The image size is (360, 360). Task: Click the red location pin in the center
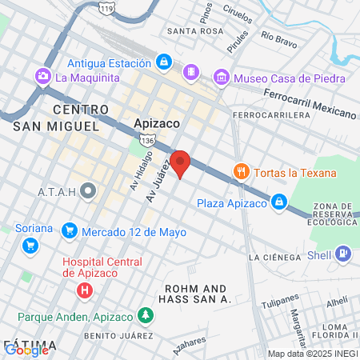tap(181, 164)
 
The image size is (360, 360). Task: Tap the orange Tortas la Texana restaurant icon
tap(239, 171)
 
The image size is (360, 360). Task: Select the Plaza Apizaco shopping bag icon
tap(279, 202)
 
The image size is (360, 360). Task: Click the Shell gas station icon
tap(343, 253)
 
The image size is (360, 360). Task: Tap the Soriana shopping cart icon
tap(30, 246)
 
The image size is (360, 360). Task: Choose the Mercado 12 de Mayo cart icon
tap(70, 232)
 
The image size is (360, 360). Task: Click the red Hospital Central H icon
tap(83, 290)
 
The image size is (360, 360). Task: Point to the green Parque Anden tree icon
tap(146, 314)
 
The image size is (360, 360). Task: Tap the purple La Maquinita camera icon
tap(42, 77)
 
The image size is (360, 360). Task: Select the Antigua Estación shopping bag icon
tap(164, 62)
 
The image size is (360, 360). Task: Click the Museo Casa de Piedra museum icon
tap(221, 78)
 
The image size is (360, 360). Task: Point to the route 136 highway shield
tap(146, 141)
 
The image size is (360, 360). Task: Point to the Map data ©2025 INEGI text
tap(312, 354)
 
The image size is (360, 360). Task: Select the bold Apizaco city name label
tap(156, 124)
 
